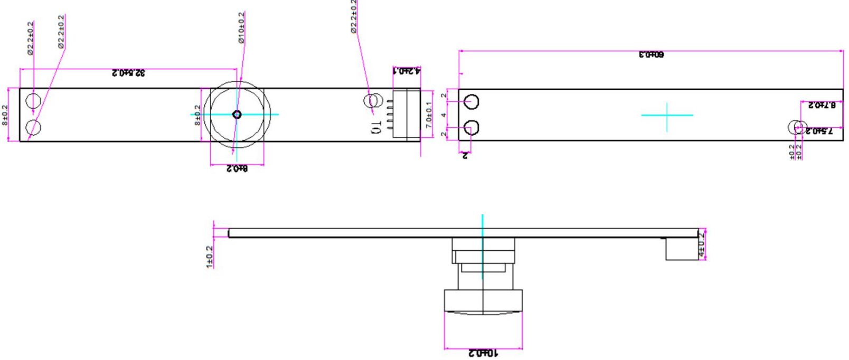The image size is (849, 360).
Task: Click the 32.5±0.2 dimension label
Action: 128,73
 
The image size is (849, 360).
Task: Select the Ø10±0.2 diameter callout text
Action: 241,28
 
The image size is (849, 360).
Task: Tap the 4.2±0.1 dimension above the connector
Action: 407,70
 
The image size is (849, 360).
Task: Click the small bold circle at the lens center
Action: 237,115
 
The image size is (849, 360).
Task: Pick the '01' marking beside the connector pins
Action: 376,127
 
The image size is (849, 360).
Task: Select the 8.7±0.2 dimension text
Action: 822,105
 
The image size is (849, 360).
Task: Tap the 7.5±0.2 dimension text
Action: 819,131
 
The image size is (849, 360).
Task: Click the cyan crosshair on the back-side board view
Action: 667,115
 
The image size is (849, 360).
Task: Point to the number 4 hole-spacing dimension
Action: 444,115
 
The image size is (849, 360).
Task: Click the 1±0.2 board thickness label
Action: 210,257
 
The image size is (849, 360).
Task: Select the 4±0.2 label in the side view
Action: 702,244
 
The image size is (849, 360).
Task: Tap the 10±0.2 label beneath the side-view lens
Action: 483,353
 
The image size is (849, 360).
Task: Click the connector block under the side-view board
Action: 681,249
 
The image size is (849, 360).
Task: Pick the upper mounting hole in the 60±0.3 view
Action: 471,102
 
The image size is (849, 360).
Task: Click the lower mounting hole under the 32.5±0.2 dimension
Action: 33,128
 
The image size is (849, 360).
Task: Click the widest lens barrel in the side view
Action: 483,301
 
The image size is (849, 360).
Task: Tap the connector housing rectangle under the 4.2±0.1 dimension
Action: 407,115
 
